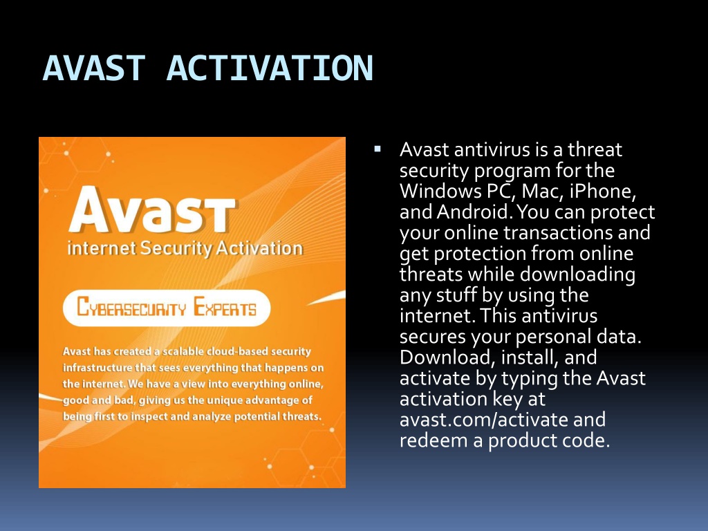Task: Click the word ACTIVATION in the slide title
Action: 270,68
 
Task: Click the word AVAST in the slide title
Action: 94,68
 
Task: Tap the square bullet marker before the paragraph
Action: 378,149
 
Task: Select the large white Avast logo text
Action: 152,209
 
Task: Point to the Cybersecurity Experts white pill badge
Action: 167,308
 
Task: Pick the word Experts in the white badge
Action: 225,307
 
